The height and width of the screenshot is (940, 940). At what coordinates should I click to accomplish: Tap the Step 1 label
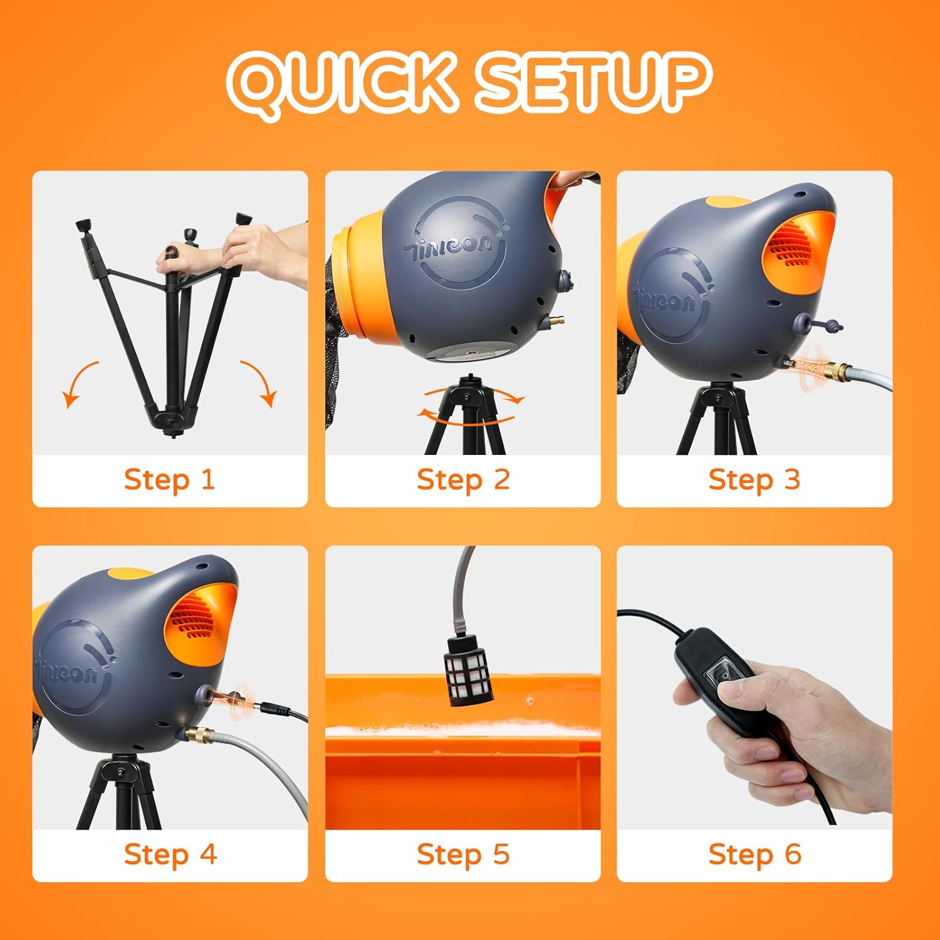pyautogui.click(x=169, y=480)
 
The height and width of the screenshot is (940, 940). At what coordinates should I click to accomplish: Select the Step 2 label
pyautogui.click(x=463, y=480)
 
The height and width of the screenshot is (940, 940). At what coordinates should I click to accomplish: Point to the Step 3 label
pyautogui.click(x=755, y=480)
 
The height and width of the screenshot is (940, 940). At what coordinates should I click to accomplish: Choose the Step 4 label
pyautogui.click(x=170, y=855)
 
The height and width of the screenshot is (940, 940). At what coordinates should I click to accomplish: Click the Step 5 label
pyautogui.click(x=463, y=855)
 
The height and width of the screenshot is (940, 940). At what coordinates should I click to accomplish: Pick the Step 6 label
pyautogui.click(x=755, y=855)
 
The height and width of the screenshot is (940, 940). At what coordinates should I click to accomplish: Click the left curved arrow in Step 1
pyautogui.click(x=76, y=379)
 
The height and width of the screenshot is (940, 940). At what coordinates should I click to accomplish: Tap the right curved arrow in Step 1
pyautogui.click(x=262, y=379)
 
